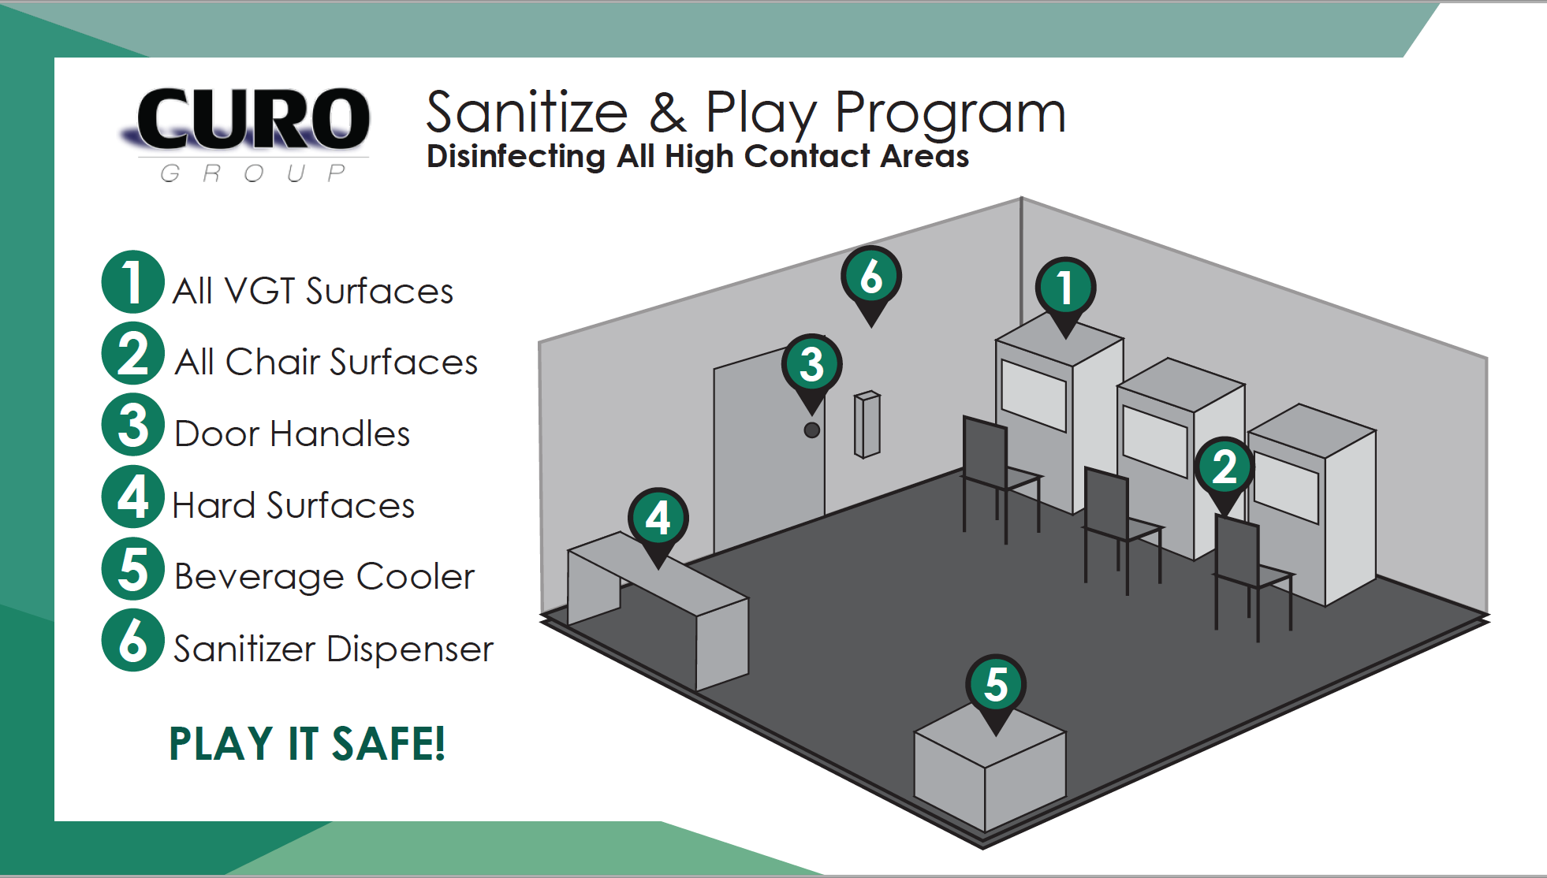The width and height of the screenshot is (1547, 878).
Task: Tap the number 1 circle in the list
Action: coord(132,282)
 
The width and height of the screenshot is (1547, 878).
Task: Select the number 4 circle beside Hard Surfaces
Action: coord(132,497)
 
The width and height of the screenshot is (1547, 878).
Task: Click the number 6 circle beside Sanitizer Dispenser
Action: coord(132,640)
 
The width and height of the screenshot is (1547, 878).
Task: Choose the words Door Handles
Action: coord(292,434)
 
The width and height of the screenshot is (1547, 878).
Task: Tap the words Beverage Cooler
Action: coord(324,577)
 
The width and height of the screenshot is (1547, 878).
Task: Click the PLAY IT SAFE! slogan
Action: coord(307,744)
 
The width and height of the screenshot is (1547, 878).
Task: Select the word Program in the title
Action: coord(950,114)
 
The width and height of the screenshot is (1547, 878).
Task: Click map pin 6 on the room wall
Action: coord(871,277)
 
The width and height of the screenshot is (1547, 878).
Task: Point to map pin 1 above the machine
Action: coord(1065,288)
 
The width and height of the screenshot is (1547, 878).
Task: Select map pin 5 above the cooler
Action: coord(996,685)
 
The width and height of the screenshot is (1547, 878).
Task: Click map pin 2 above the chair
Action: coord(1225,467)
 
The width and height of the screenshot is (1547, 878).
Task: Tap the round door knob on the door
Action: coord(811,430)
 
